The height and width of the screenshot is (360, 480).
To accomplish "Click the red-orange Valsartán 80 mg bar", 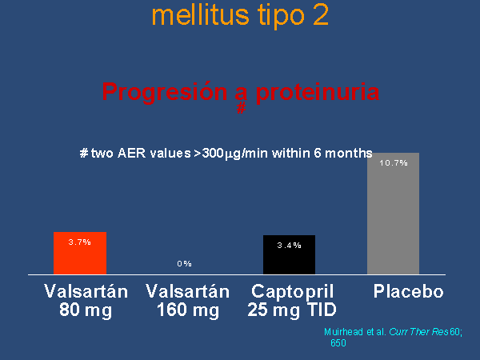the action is [x=80, y=253].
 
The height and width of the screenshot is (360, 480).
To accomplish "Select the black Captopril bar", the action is [x=289, y=254].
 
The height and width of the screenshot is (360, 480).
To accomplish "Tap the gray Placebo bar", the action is [x=393, y=214].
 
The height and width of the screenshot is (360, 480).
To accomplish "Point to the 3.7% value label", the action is [x=79, y=242].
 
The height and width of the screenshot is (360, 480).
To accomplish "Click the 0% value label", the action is [x=184, y=263].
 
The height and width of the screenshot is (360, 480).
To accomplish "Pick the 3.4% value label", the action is [x=289, y=246].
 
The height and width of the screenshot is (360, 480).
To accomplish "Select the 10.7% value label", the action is [x=394, y=163].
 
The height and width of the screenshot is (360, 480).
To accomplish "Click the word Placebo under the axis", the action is [x=408, y=291].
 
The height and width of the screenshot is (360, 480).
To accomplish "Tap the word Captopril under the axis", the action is [x=292, y=292].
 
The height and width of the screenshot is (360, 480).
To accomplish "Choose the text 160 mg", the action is [x=188, y=310].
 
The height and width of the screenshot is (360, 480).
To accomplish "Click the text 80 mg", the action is [x=86, y=310].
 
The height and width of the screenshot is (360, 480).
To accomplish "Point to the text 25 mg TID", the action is [x=292, y=310].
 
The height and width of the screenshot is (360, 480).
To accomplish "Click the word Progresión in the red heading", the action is [x=165, y=92].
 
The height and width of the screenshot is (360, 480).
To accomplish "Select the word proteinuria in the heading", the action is [x=318, y=92].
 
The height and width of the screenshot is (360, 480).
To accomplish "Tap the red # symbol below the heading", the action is [x=242, y=108].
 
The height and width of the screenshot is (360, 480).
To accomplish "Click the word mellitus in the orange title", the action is [x=201, y=15].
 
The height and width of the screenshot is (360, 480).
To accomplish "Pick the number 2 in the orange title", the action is [x=321, y=15].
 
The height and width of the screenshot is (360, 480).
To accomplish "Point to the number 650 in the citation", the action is [x=338, y=343].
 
